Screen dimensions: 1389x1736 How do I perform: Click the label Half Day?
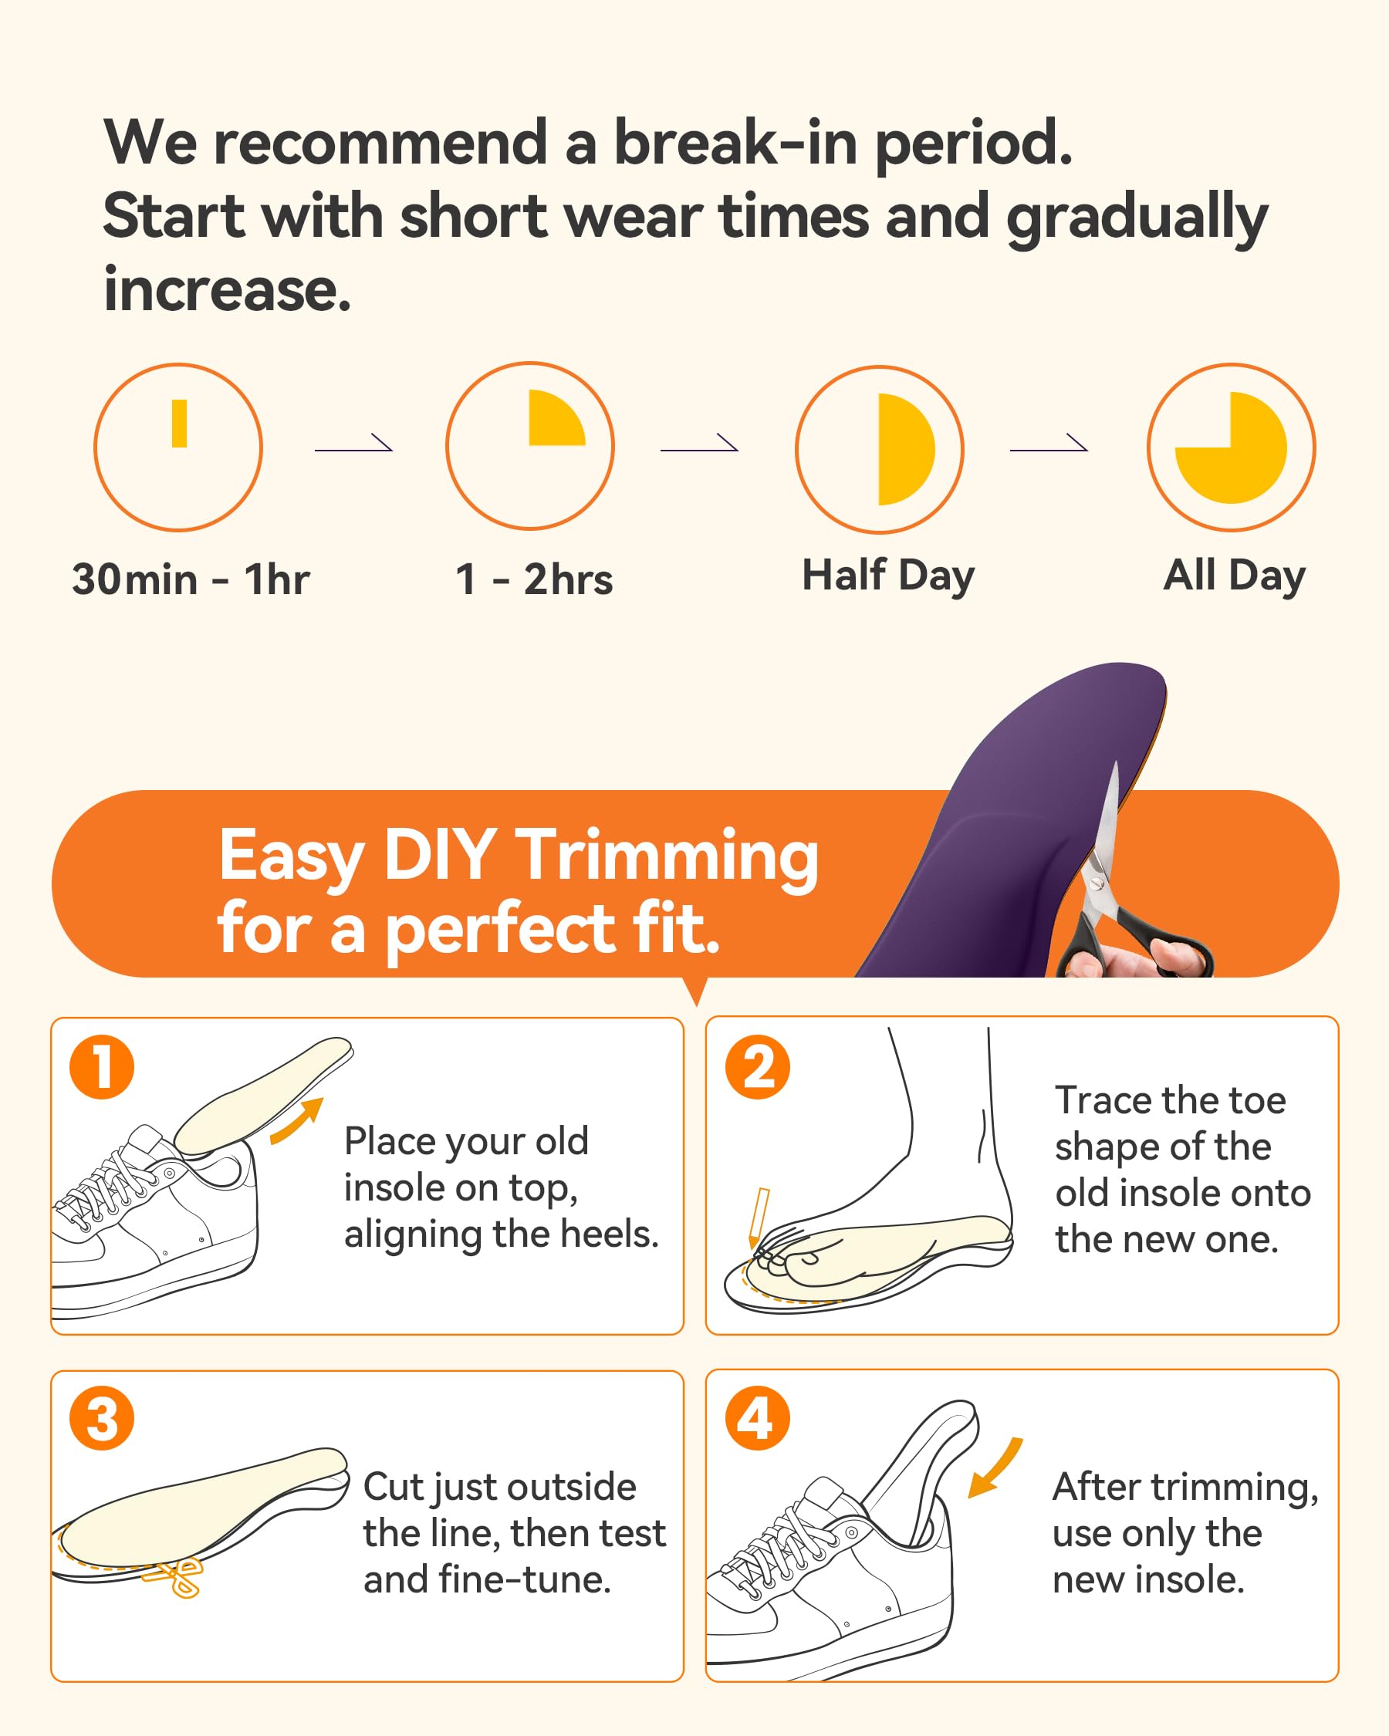[x=888, y=576]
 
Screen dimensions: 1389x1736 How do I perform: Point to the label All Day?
[x=1235, y=576]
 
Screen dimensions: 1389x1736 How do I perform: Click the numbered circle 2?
[x=757, y=1067]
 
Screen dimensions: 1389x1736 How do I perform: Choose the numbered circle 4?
[x=757, y=1418]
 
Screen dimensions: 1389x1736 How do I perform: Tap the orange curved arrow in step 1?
[x=296, y=1120]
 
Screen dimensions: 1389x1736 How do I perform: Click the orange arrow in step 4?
[x=995, y=1467]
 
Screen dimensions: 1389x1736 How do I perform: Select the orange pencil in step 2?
[x=758, y=1218]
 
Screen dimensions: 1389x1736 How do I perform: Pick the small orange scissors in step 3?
[x=174, y=1576]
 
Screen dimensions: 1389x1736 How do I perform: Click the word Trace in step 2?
[x=1103, y=1100]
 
